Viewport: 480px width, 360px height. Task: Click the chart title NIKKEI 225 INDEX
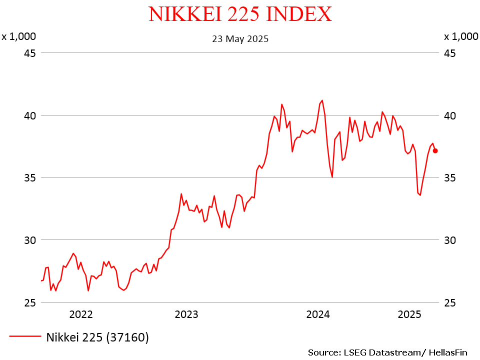pos(240,14)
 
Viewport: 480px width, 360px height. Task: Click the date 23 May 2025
pos(240,38)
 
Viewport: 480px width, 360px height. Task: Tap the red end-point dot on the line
pos(435,150)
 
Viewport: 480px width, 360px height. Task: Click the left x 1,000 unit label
pos(18,36)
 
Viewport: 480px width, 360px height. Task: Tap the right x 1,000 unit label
pos(461,36)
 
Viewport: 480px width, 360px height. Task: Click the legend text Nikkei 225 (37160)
pos(97,337)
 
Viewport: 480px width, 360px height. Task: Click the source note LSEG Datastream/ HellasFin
pos(388,352)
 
